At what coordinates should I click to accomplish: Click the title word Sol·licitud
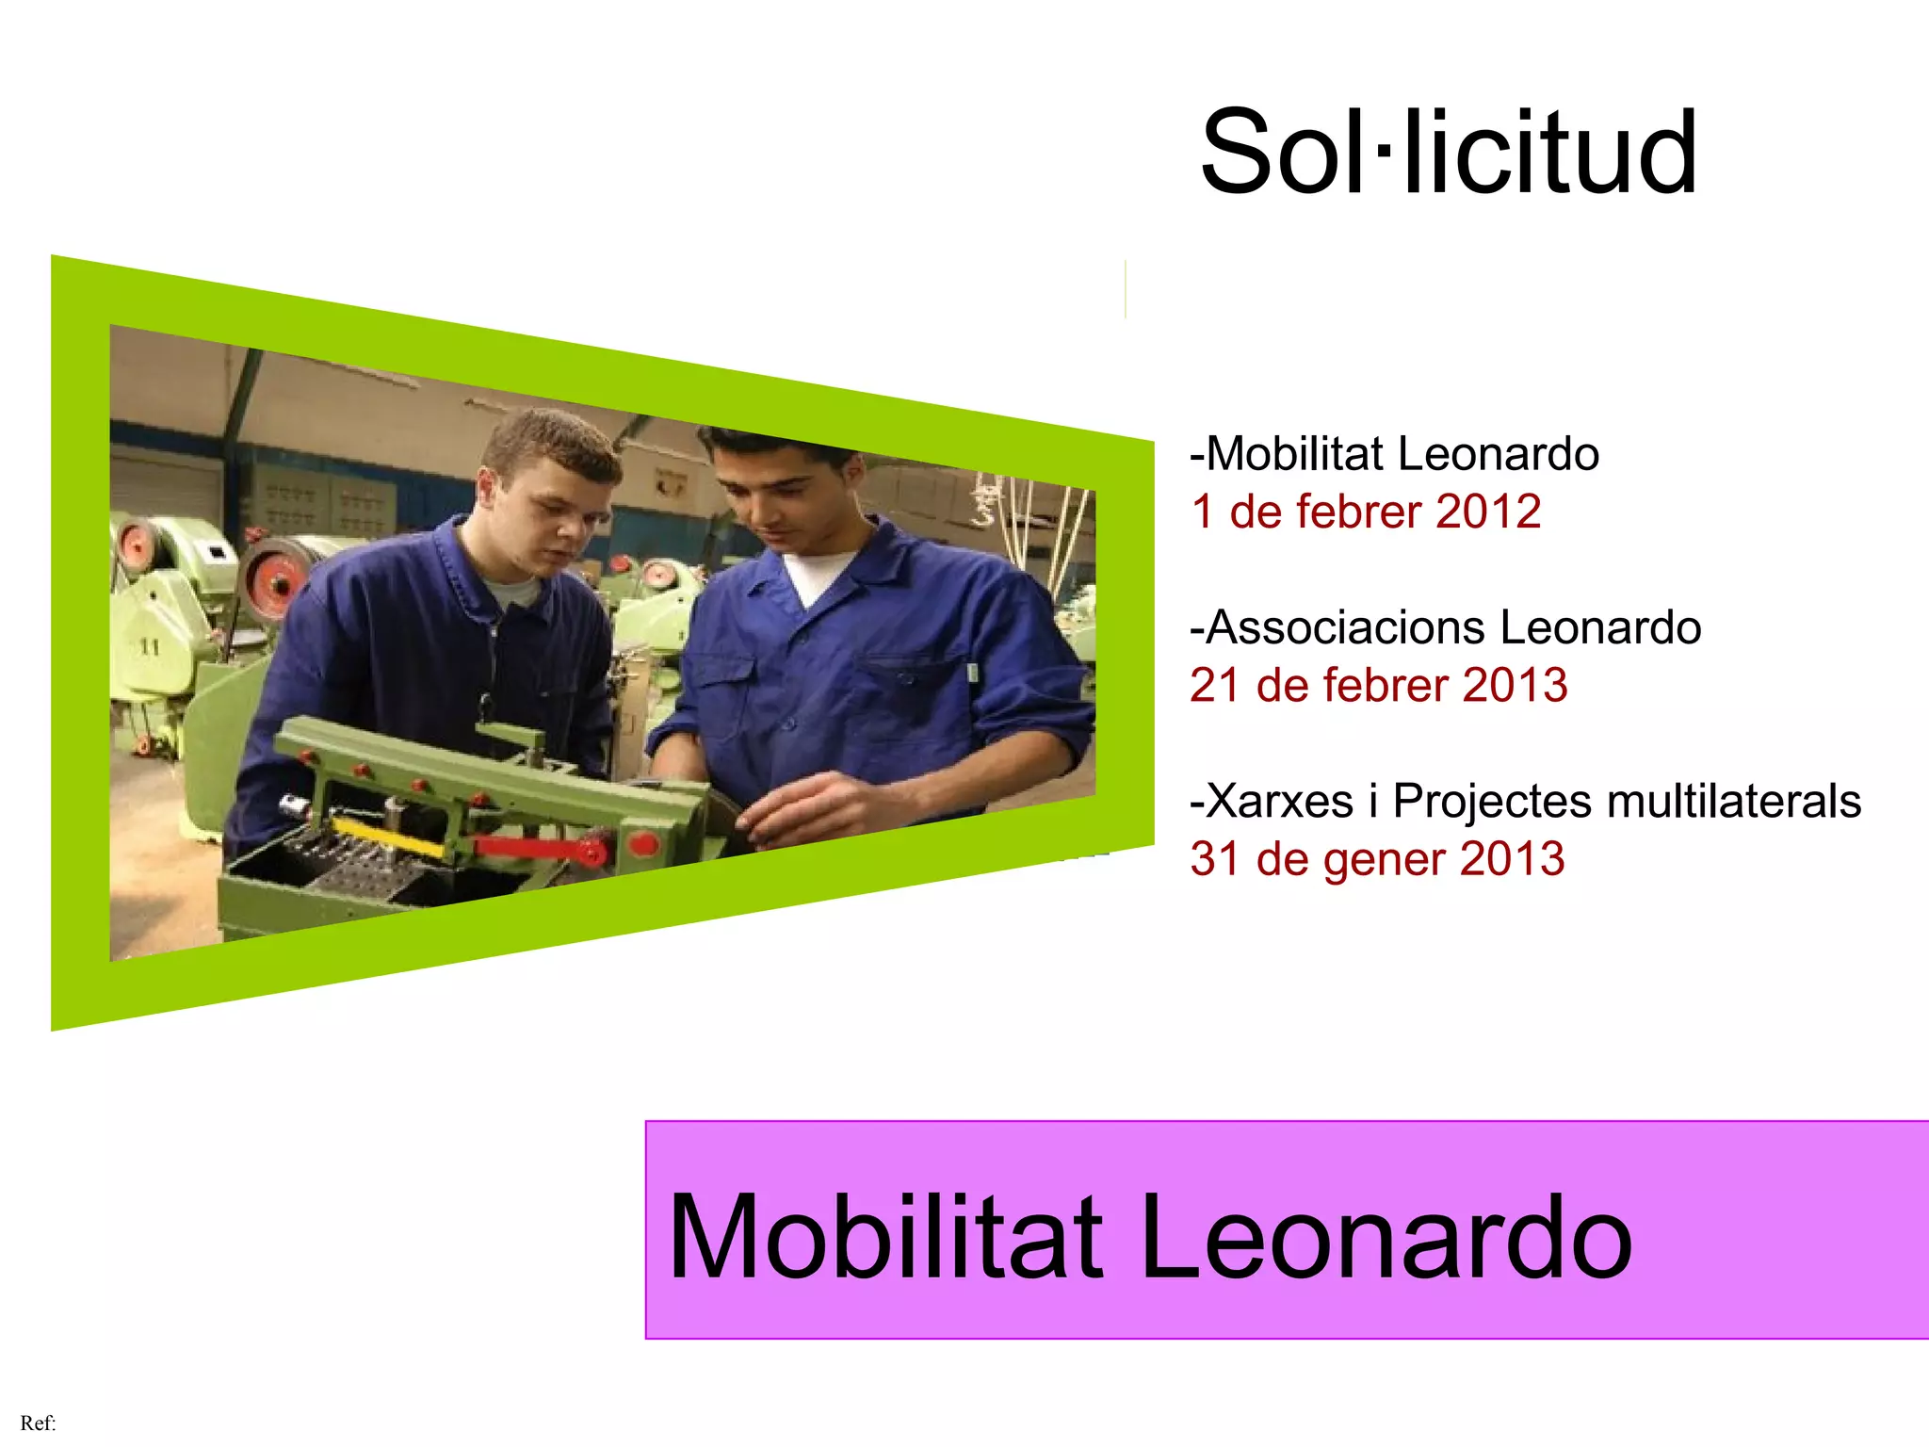[x=1449, y=153]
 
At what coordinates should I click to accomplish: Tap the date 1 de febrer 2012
[x=1366, y=512]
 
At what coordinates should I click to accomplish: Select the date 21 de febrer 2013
[x=1378, y=686]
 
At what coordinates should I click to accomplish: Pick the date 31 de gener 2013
[x=1377, y=859]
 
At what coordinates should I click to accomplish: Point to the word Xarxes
[x=1278, y=802]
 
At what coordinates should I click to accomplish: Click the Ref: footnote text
[x=38, y=1423]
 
